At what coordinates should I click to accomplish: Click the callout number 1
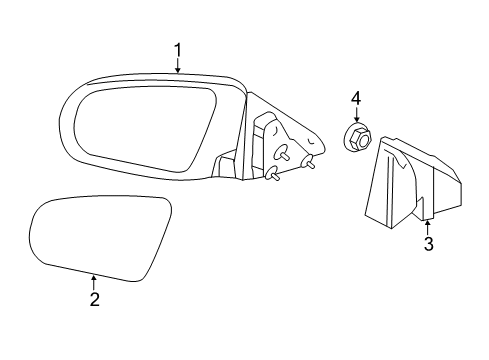(177, 49)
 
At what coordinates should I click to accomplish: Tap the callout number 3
(427, 244)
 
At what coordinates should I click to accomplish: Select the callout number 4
(354, 98)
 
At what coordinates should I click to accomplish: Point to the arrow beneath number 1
(177, 66)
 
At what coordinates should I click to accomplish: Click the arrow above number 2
(93, 280)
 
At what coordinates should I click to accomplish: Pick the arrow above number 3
(427, 226)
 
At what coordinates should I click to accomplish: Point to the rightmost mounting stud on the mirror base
(309, 163)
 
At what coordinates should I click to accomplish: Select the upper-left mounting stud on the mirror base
(284, 154)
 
